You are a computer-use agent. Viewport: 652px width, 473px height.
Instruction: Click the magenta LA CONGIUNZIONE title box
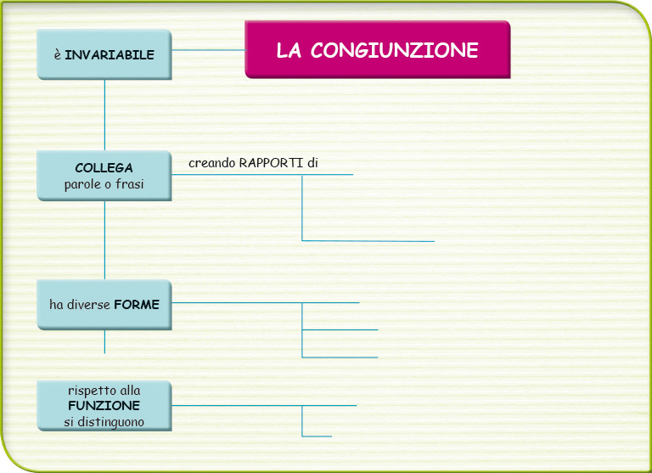378,49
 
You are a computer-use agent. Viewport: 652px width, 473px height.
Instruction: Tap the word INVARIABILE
110,55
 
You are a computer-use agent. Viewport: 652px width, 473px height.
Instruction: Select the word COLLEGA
104,167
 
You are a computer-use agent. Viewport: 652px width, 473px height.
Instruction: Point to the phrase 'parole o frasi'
104,184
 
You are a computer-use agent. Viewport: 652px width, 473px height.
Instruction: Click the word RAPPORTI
271,163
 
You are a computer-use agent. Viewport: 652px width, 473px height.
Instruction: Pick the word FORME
137,305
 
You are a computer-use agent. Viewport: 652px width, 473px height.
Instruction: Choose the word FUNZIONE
104,405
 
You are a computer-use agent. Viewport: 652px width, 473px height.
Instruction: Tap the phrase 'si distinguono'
104,422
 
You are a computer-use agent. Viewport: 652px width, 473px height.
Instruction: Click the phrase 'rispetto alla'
104,391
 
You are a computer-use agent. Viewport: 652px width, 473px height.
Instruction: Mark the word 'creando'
212,163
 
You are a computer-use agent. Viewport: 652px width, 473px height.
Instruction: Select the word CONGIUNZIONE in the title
394,50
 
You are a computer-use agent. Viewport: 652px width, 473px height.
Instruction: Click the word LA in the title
289,50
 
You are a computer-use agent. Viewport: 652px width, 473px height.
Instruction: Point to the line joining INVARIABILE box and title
208,50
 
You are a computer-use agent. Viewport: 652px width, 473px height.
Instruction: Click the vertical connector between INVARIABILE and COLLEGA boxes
104,115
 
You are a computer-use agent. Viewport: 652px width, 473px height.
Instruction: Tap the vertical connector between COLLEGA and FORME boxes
104,240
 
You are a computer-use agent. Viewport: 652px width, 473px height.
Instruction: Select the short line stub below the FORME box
104,341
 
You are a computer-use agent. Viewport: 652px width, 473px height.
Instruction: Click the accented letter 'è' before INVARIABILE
58,55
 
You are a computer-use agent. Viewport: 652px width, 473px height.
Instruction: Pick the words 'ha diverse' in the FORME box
80,305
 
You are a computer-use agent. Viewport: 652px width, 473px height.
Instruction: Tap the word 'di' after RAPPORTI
312,163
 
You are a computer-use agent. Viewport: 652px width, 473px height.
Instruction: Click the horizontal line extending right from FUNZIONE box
264,405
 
